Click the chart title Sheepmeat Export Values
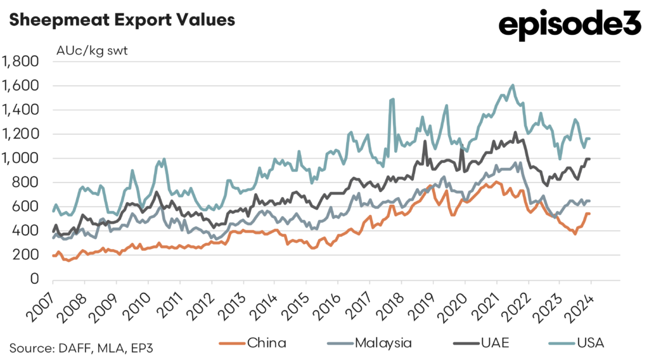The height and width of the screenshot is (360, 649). (x=121, y=20)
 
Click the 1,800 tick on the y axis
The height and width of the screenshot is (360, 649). (x=21, y=61)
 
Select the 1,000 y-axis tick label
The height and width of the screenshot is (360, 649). (x=21, y=158)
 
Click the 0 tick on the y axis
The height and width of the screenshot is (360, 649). (x=34, y=279)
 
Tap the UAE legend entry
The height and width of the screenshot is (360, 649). (x=481, y=343)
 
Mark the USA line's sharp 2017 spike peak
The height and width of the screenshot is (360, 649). (x=393, y=99)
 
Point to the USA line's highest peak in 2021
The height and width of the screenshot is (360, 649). (x=513, y=85)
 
